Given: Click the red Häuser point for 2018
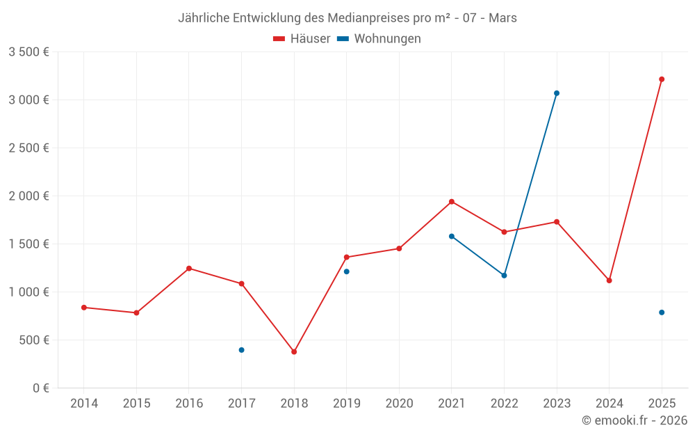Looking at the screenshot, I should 294,351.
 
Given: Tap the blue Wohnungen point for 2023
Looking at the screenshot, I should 557,93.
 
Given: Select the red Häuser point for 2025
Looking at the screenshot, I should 662,79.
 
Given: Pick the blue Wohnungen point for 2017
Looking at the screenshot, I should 241,350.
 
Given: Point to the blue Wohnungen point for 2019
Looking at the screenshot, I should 347,271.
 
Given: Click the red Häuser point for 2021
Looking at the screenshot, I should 452,202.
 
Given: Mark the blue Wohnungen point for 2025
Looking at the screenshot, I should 662,313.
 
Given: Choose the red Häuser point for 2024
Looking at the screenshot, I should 610,280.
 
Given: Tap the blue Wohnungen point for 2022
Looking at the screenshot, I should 505,276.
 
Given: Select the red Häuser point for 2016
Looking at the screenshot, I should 189,269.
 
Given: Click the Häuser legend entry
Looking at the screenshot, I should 302,39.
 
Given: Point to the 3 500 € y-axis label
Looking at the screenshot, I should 29,52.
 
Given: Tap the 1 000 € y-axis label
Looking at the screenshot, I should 29,292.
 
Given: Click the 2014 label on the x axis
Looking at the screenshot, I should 84,404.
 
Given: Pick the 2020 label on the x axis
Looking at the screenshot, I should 399,404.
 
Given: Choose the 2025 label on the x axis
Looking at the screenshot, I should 662,404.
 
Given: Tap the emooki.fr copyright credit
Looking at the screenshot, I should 635,420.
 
